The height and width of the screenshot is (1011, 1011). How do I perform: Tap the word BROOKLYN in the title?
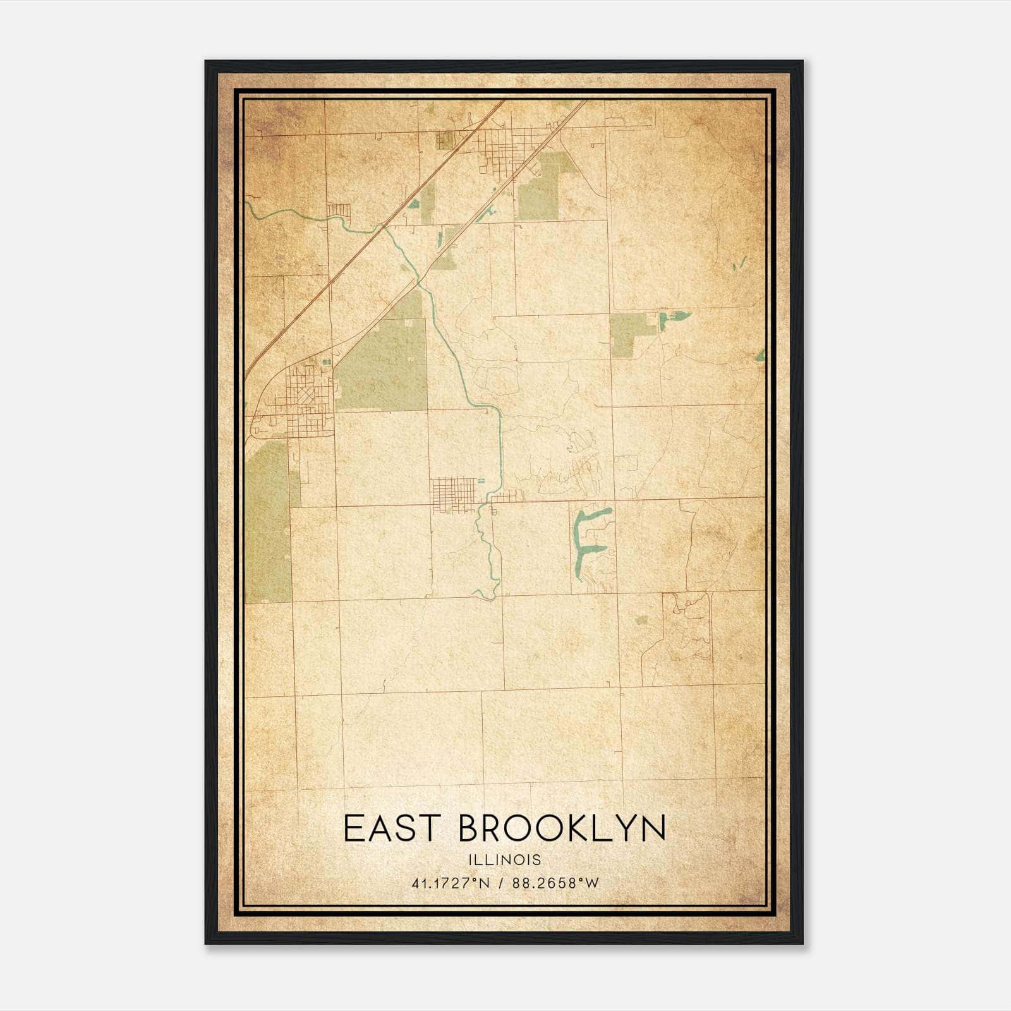[x=562, y=828]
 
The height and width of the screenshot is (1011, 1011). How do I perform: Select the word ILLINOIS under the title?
[x=505, y=860]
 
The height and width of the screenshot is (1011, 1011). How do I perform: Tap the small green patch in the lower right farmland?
[x=641, y=620]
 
